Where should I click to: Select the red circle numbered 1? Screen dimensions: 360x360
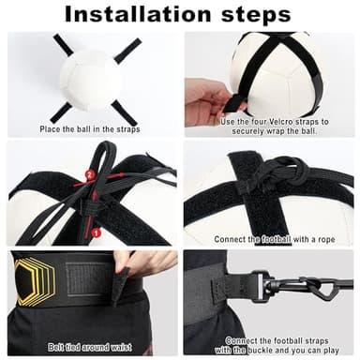(x=95, y=231)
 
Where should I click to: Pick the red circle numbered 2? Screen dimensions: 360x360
(x=90, y=175)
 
